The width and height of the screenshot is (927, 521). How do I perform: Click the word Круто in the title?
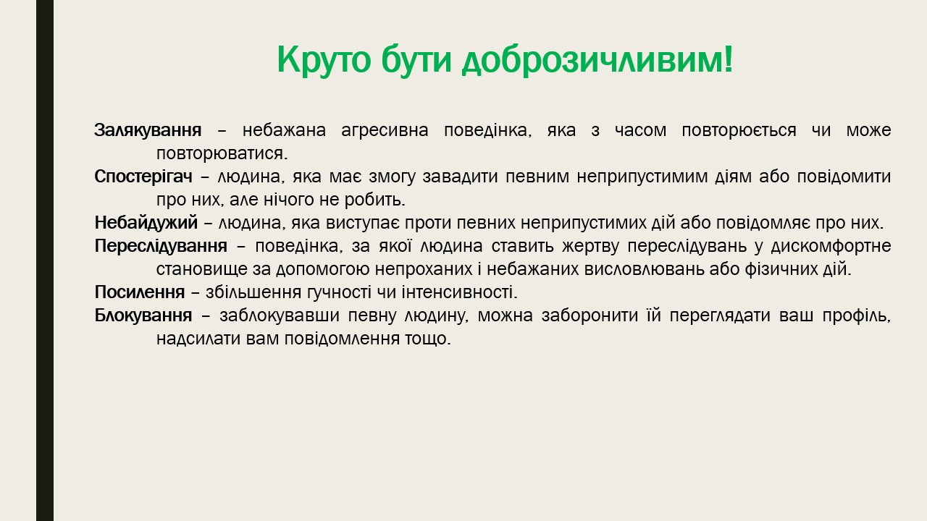(324, 60)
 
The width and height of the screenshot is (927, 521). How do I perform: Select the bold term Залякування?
(148, 130)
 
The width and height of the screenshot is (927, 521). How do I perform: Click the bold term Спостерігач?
(143, 177)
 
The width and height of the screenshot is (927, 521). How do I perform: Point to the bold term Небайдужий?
(146, 223)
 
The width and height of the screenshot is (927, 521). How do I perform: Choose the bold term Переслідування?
(161, 246)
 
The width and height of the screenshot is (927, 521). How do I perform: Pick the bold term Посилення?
(140, 292)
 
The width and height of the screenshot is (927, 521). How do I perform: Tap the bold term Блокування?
(143, 315)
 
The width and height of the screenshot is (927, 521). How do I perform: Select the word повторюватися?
(222, 154)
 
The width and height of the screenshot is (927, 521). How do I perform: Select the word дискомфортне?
(831, 247)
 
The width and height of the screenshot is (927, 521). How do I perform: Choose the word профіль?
(856, 316)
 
